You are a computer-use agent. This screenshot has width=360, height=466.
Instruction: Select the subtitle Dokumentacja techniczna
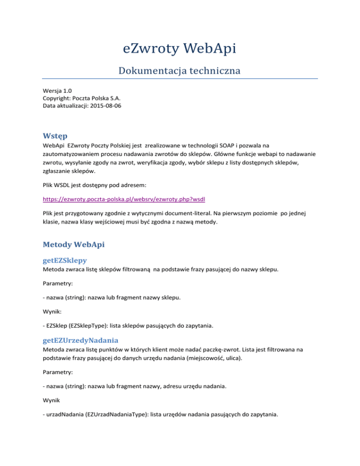(180, 71)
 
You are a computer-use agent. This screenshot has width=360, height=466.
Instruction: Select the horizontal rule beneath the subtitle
(180, 79)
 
